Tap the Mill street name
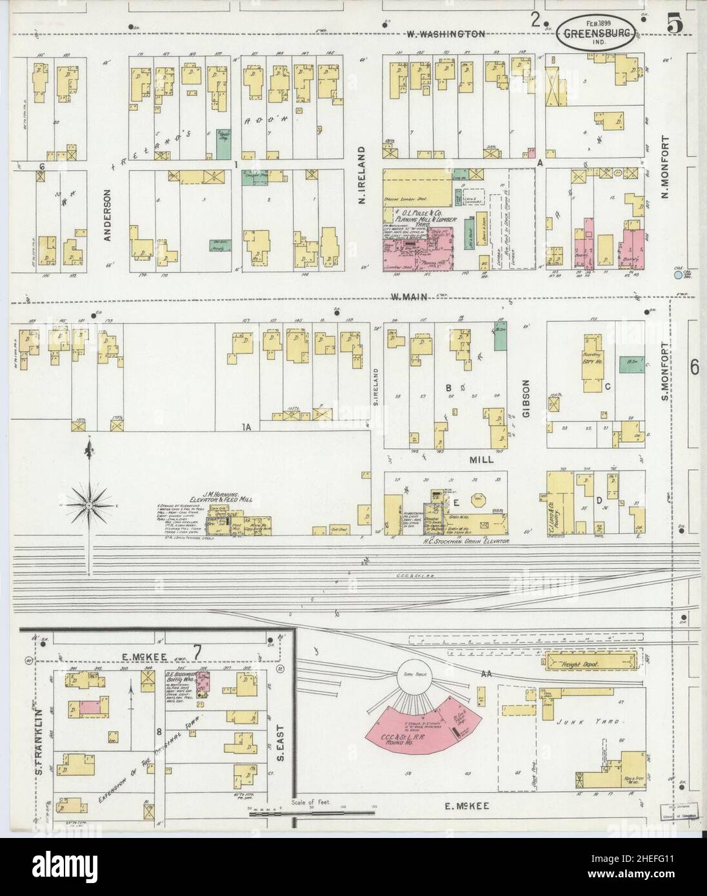point(481,460)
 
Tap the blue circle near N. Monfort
point(677,275)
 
